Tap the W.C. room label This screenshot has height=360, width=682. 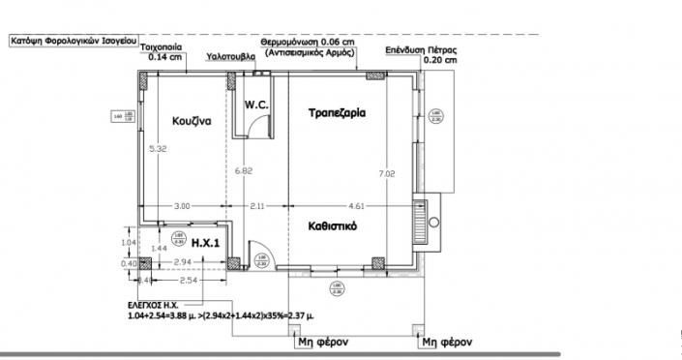pos(255,104)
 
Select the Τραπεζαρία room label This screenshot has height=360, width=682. pos(336,113)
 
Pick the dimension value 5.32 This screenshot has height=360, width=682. pos(158,150)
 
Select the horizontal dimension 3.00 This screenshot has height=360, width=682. pos(182,205)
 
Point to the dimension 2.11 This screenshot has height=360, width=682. pos(258,205)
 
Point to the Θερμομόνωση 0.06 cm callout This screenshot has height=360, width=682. pos(306,45)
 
